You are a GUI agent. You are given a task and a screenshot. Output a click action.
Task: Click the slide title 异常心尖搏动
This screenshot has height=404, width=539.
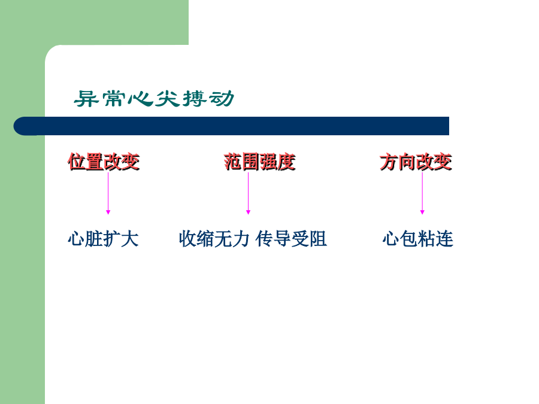click(x=154, y=99)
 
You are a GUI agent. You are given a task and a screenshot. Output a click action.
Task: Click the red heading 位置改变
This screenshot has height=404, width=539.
click(x=104, y=162)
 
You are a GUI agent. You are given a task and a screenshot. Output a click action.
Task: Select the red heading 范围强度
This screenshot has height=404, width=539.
click(x=260, y=162)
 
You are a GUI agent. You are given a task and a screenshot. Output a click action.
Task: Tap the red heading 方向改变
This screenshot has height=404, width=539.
click(x=416, y=162)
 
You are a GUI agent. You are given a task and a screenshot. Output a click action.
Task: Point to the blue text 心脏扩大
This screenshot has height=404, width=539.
click(x=103, y=239)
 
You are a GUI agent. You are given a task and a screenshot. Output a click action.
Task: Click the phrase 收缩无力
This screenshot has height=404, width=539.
click(x=214, y=239)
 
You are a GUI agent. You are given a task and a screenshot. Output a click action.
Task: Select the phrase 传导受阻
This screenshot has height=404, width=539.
click(x=291, y=239)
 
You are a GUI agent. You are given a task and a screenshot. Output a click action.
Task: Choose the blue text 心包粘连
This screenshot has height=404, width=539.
click(x=417, y=239)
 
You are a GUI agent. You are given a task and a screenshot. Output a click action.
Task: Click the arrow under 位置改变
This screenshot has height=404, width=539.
click(x=108, y=193)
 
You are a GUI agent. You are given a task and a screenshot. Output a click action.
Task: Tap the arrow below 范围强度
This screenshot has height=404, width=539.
click(x=248, y=193)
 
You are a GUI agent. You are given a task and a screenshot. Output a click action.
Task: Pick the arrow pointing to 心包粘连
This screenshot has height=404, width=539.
click(x=422, y=193)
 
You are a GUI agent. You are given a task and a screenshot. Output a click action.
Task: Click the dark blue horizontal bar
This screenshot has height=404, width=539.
click(x=231, y=126)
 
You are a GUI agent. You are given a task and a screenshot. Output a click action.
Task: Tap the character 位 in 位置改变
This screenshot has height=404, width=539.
click(x=77, y=162)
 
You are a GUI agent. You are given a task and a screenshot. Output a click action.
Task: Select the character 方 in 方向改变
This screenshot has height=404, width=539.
click(x=389, y=162)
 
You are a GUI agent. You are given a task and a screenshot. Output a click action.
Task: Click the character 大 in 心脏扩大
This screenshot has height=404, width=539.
click(x=130, y=239)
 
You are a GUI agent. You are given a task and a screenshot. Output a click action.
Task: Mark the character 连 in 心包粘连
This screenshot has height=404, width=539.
click(x=444, y=239)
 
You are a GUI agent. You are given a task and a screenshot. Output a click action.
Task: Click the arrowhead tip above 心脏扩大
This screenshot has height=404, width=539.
click(x=108, y=214)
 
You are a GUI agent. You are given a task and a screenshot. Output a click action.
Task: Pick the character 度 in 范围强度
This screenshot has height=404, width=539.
click(x=287, y=162)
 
